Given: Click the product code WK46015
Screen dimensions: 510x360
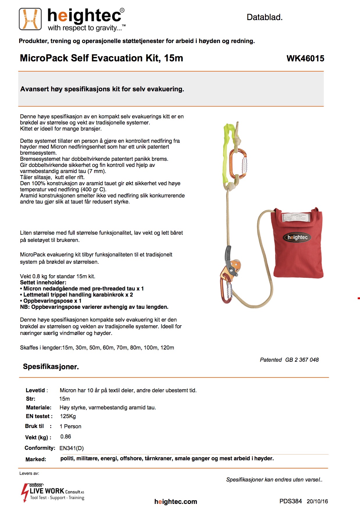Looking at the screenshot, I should pos(305,58).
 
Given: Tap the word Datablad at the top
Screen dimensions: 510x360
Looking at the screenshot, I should pos(264,17).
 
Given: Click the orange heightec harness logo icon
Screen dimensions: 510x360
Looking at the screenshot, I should pos(30,19).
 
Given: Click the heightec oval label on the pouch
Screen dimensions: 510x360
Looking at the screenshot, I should pos(297,237).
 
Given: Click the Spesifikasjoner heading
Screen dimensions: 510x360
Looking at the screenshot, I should pos(51,367).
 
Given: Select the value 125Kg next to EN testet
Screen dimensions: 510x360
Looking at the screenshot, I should pos(68,416).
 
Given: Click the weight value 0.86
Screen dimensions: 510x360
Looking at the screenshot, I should pos(66,437).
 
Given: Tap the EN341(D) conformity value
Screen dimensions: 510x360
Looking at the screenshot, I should pos(71,448).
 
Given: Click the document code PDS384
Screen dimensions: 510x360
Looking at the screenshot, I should pos(291,501).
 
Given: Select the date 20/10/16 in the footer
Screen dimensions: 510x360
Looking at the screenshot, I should pos(317,502).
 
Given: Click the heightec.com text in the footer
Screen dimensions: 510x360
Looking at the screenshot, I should pos(175,502).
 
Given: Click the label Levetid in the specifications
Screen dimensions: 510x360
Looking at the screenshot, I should pos(35,390).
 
